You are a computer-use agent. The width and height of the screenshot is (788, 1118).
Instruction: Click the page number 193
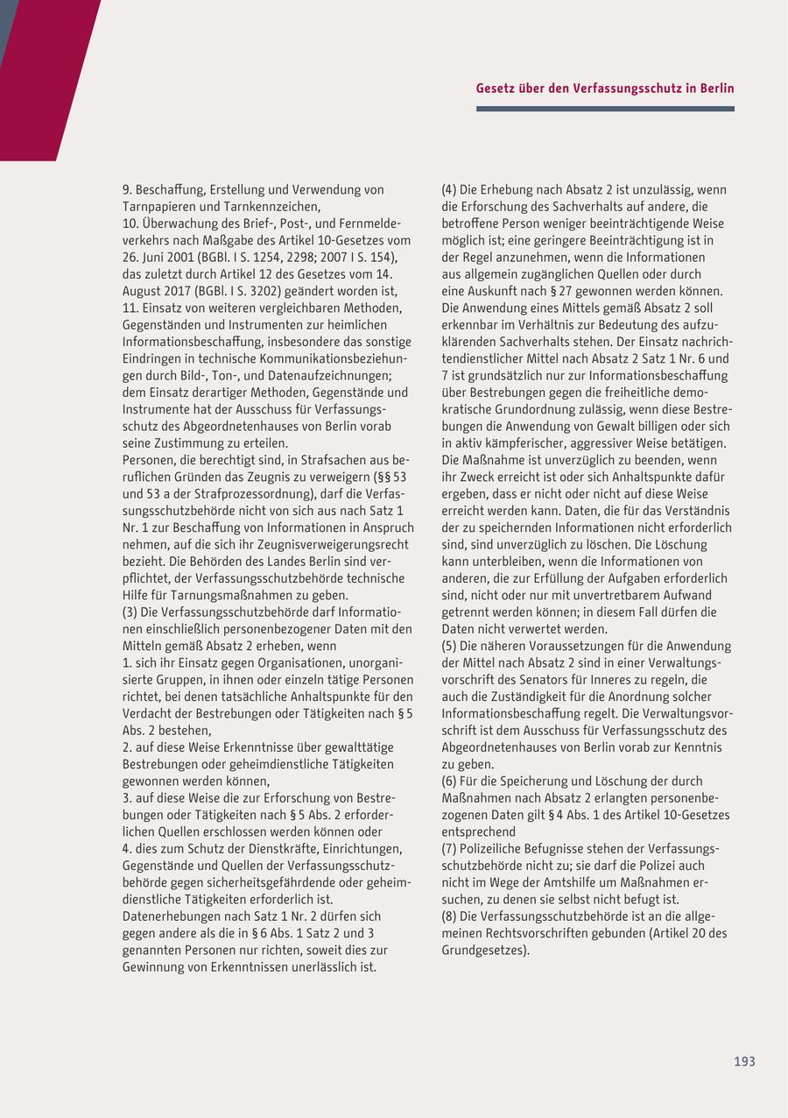(744, 1061)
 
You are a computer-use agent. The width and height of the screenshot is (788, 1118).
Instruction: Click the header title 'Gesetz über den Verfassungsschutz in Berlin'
(605, 88)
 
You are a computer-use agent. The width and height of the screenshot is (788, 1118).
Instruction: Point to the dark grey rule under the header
(605, 109)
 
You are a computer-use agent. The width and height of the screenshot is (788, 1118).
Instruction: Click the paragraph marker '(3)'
(130, 612)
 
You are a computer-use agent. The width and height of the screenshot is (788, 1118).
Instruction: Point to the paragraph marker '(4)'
(449, 189)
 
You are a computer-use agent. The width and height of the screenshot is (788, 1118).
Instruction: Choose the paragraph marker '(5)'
(449, 646)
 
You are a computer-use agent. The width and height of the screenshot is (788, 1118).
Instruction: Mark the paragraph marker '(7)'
(449, 848)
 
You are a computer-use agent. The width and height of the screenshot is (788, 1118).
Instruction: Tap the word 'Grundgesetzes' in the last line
(484, 950)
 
